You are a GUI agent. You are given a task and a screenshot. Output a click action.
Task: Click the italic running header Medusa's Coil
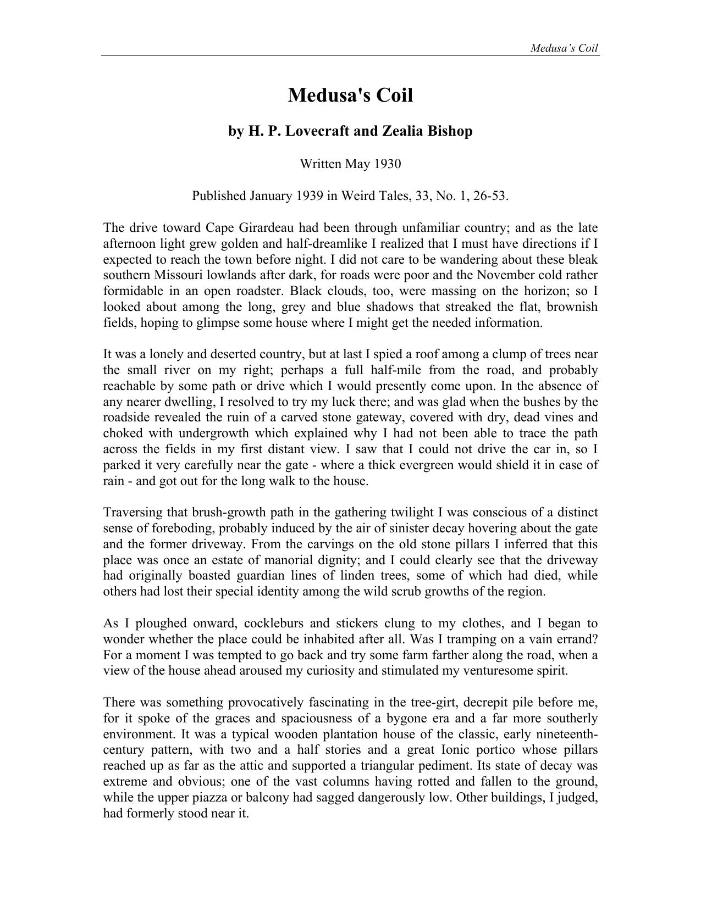pyautogui.click(x=564, y=48)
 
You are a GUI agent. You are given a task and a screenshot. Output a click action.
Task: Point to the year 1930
pyautogui.click(x=387, y=164)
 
